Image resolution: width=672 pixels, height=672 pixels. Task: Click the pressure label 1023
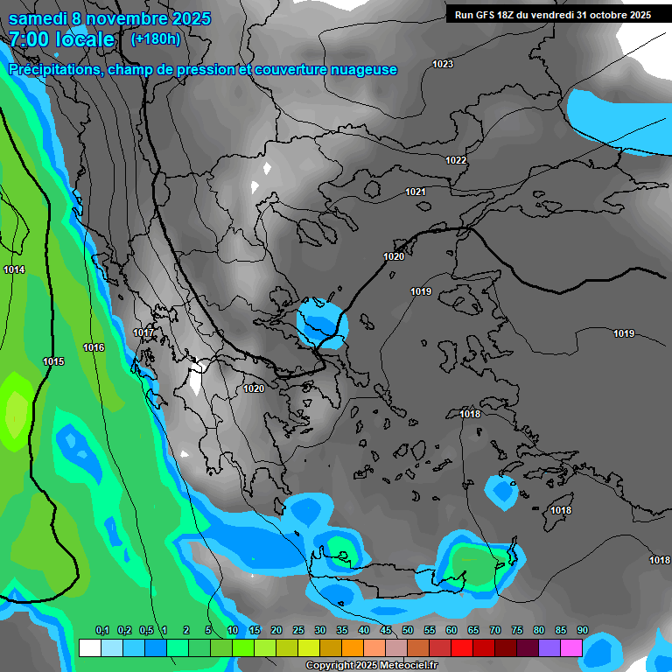(x=443, y=64)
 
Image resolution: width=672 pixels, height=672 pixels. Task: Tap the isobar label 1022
(x=456, y=160)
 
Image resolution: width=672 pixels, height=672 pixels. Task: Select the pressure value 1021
(x=416, y=192)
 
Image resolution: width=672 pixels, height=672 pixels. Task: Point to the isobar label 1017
(x=143, y=333)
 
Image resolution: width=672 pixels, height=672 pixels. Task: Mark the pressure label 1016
(x=94, y=347)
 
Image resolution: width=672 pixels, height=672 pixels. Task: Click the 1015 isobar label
(x=53, y=361)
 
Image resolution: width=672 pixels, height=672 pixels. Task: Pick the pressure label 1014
(x=14, y=269)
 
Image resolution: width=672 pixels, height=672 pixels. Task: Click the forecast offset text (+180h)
(x=156, y=38)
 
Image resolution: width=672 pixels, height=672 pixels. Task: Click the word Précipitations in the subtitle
(x=54, y=69)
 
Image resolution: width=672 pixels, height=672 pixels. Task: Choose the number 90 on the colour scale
(x=583, y=630)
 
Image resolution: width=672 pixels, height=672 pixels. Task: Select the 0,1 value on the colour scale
(x=101, y=630)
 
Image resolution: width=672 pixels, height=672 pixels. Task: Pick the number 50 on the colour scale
(x=408, y=630)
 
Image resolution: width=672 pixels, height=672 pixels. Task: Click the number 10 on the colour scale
(x=233, y=630)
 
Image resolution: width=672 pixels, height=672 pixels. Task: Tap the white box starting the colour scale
(x=89, y=647)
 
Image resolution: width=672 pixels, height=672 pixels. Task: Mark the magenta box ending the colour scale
(x=571, y=647)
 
